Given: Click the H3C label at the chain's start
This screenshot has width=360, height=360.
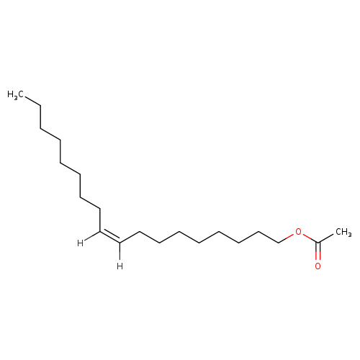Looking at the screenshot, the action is click(x=16, y=95).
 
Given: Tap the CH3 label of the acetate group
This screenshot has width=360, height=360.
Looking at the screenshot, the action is click(x=343, y=233).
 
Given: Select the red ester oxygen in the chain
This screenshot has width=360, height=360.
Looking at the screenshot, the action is click(x=298, y=232).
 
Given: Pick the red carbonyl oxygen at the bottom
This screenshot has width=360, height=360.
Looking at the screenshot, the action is click(x=318, y=266).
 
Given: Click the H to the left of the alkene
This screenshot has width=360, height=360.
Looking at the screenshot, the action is click(x=80, y=243).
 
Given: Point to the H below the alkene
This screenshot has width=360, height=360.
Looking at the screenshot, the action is click(x=120, y=266).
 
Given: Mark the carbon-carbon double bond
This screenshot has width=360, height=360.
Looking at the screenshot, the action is click(x=109, y=237).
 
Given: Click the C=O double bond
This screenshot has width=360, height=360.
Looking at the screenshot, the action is click(x=318, y=251).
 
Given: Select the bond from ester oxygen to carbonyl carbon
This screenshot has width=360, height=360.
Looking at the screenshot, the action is click(x=310, y=238).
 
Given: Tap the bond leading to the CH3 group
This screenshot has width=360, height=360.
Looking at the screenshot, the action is click(x=326, y=238).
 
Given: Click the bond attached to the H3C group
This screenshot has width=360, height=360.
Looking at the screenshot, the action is click(x=32, y=101).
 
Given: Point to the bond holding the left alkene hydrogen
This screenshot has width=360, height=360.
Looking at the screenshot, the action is click(x=92, y=236).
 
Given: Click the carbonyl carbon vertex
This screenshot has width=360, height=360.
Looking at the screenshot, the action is click(x=318, y=243).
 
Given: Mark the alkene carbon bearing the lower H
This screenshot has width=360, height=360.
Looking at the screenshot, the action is click(x=120, y=243).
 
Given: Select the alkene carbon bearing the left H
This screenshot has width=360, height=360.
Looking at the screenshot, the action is click(x=100, y=231).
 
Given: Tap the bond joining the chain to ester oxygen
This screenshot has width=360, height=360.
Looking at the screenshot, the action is click(x=287, y=238).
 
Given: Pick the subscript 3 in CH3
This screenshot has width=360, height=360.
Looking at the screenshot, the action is click(x=350, y=235).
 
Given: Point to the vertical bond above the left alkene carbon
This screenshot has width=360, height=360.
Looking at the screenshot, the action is click(x=100, y=220).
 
